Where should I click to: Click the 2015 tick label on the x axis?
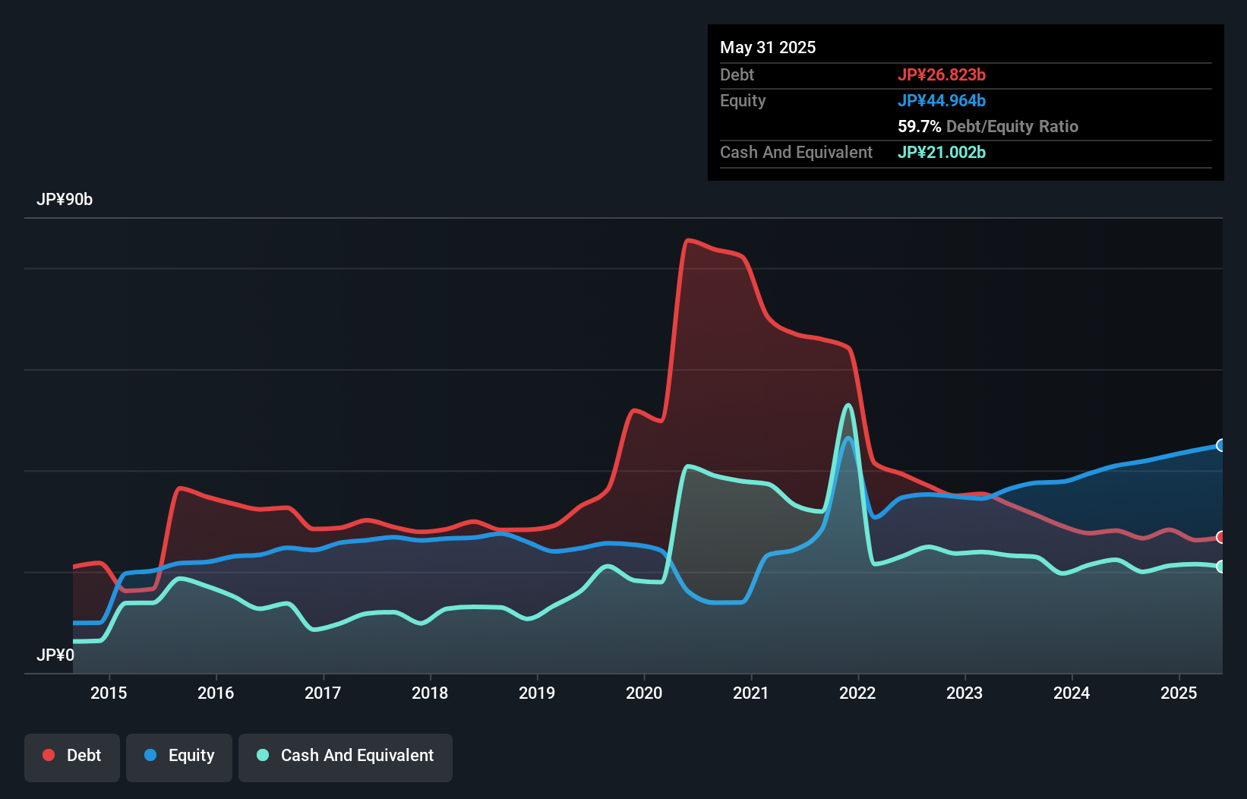109,693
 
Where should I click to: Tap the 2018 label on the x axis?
430,693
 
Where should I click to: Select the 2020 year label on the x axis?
644,693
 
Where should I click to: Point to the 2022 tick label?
857,693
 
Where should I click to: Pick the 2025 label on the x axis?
1179,693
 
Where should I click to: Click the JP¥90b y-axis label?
65,200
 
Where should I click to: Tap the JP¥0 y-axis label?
55,655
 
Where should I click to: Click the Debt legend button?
72,756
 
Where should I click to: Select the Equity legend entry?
179,756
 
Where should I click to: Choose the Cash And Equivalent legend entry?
346,756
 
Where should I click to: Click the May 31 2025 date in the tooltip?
768,47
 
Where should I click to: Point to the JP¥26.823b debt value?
942,74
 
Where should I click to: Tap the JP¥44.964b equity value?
942,100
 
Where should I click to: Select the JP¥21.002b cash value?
942,152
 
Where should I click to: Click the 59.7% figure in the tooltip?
919,126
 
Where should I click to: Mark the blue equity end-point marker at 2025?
1221,445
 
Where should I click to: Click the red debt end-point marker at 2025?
1221,537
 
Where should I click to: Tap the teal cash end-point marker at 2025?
1221,567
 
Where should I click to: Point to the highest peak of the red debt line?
688,241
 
